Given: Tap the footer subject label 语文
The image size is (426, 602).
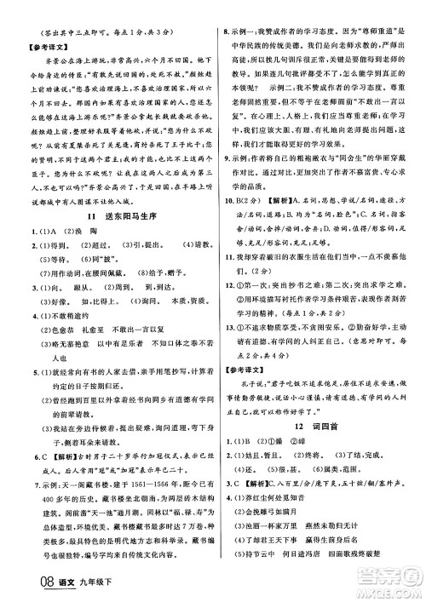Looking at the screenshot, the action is (x=48, y=586).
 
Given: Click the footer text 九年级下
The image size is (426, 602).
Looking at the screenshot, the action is (x=79, y=586).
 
